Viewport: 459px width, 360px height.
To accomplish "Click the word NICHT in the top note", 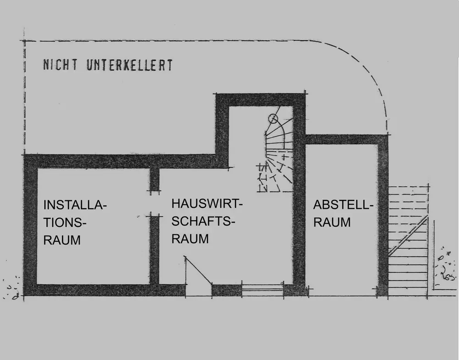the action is pos(60,65).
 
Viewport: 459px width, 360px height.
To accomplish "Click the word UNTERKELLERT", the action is pos(129,65).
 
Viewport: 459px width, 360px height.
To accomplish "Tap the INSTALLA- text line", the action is pos(75,205).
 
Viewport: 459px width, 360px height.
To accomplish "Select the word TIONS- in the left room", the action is pos(65,222).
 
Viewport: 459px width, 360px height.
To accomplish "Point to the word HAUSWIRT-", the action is pos(207,204).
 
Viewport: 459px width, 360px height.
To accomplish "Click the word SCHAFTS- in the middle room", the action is pos(203,222).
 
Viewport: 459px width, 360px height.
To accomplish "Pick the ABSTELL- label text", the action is pos(343,205).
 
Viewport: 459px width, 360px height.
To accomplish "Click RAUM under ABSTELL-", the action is pos(332,222).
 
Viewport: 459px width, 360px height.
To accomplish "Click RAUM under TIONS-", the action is pos(62,240).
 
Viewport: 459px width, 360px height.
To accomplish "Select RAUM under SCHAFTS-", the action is pos(190,239).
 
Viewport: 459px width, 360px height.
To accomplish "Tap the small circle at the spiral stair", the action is pos(273,119).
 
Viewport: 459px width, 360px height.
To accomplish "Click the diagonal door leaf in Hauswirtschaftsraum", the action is pos(198,270).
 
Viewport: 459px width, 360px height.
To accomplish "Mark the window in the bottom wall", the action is pos(263,290).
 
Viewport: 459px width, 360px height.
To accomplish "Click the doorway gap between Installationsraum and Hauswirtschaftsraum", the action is pos(154,203).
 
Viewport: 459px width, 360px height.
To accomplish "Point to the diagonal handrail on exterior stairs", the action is pos(408,235).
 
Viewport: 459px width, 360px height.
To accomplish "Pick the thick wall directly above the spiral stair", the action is pos(261,100).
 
